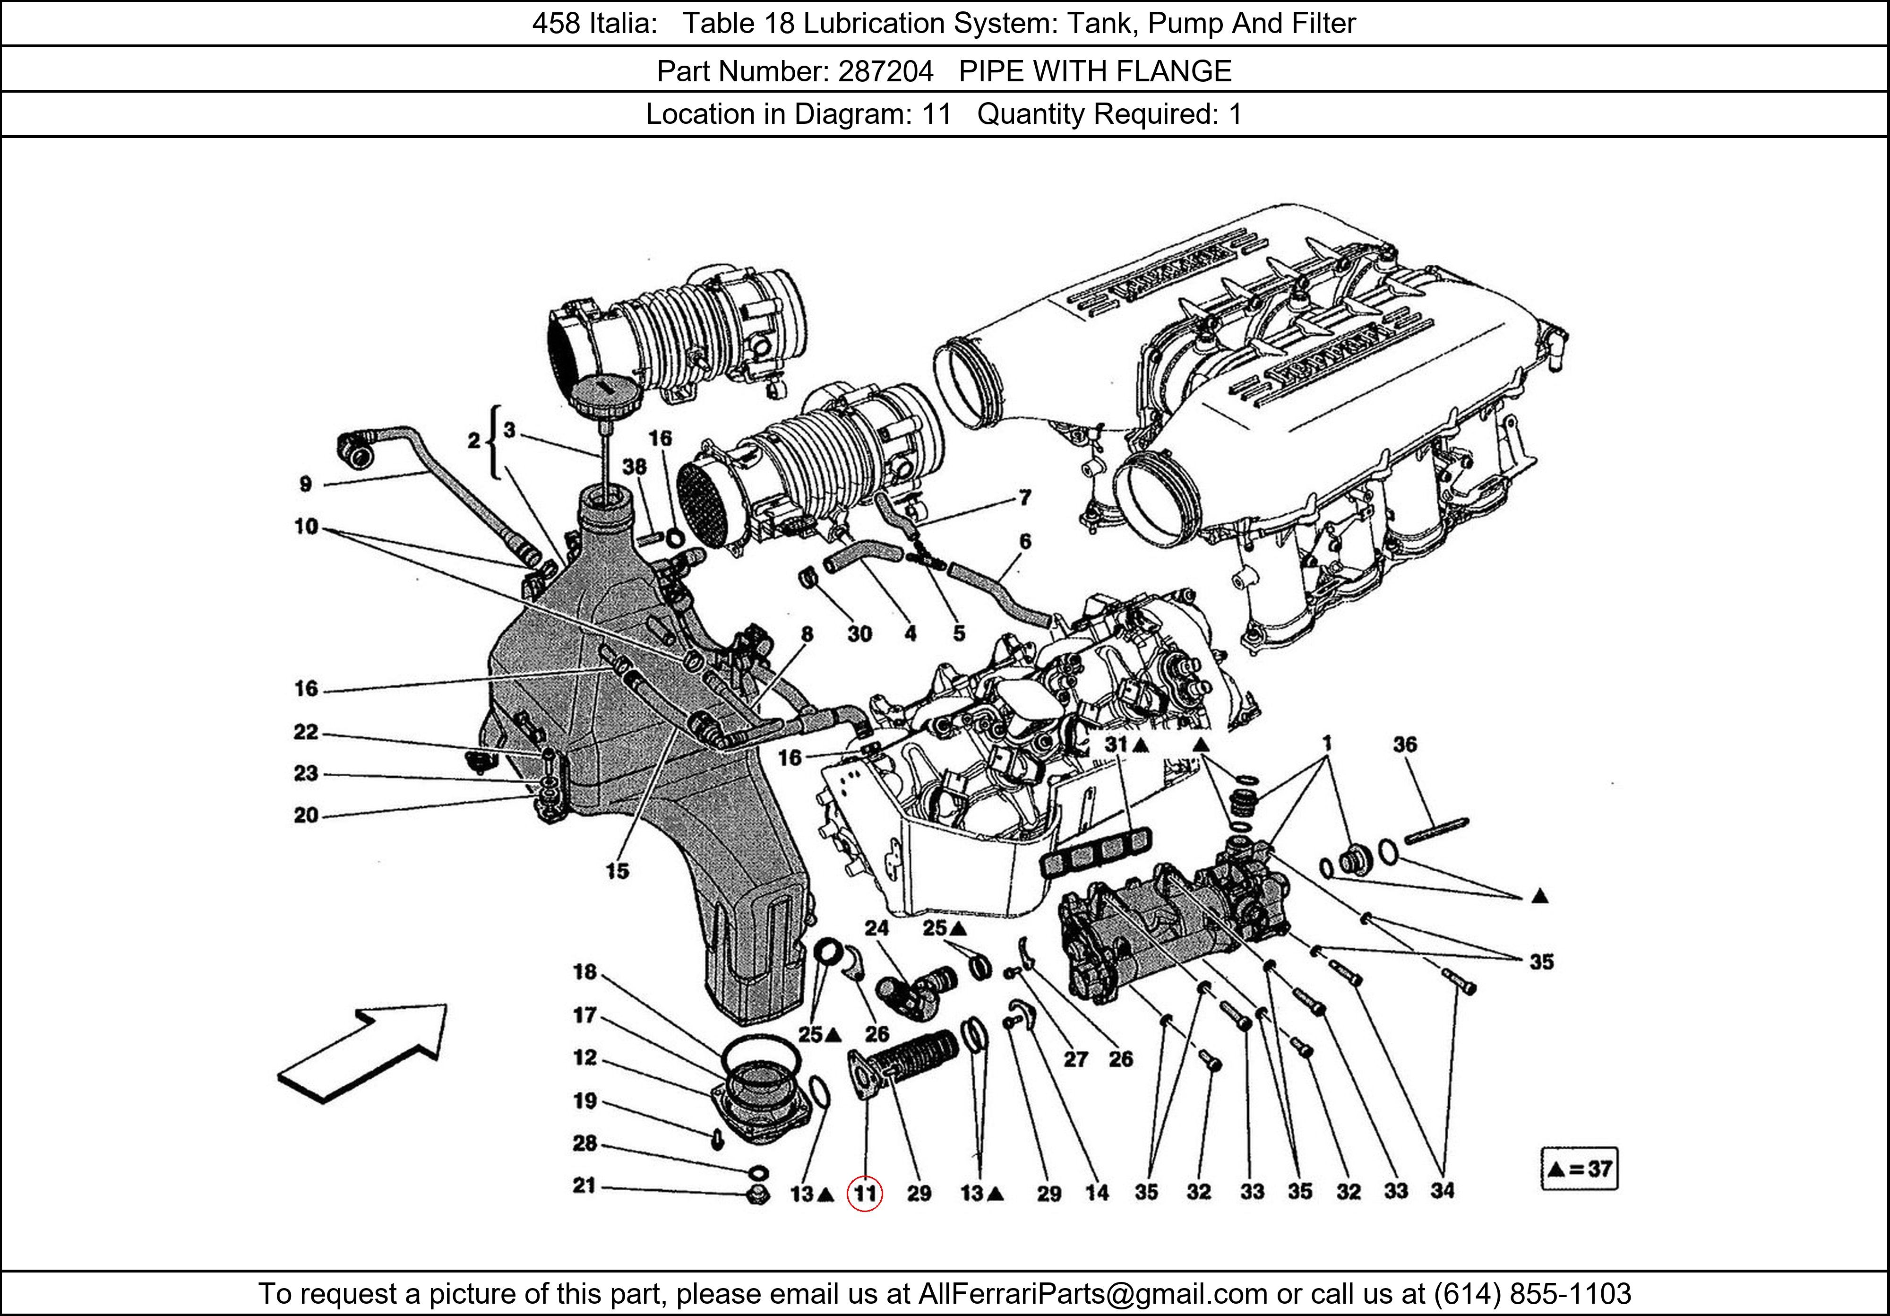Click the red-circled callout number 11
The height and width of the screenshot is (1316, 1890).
[864, 1193]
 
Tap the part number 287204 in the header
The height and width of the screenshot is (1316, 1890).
[885, 72]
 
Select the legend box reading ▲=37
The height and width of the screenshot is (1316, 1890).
[1578, 1169]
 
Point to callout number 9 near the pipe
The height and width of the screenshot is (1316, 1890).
[305, 484]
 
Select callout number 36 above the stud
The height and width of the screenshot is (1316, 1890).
[1404, 745]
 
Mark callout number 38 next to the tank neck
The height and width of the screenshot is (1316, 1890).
[634, 467]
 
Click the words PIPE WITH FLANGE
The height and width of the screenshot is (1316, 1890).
[1095, 72]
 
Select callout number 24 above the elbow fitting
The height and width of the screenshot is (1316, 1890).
[876, 928]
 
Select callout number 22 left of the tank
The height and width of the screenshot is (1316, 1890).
[305, 732]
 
